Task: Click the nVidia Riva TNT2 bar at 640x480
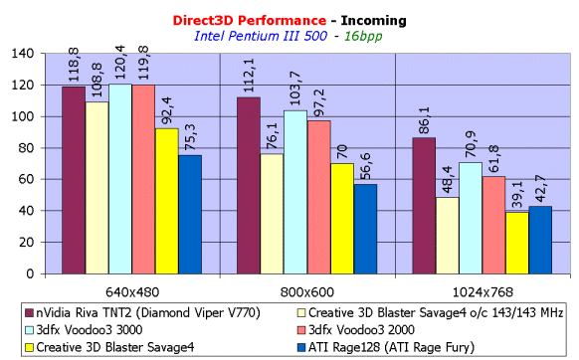[74, 180]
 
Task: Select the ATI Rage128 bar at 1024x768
[540, 240]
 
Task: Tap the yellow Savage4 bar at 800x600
[342, 219]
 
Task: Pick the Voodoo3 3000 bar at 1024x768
[471, 218]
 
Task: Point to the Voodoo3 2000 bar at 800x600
[319, 197]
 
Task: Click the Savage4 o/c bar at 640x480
[96, 188]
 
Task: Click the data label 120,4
[119, 62]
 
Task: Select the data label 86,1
[424, 120]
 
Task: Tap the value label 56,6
[365, 166]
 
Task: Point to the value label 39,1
[517, 195]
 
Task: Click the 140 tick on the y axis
[23, 54]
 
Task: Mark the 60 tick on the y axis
[26, 179]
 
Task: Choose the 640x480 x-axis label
[132, 292]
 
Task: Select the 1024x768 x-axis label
[482, 292]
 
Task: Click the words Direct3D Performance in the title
[250, 20]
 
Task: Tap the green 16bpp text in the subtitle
[363, 36]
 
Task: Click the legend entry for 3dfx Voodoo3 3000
[84, 330]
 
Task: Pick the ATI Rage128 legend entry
[386, 347]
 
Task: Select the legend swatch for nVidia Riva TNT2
[29, 313]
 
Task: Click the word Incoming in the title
[373, 21]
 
